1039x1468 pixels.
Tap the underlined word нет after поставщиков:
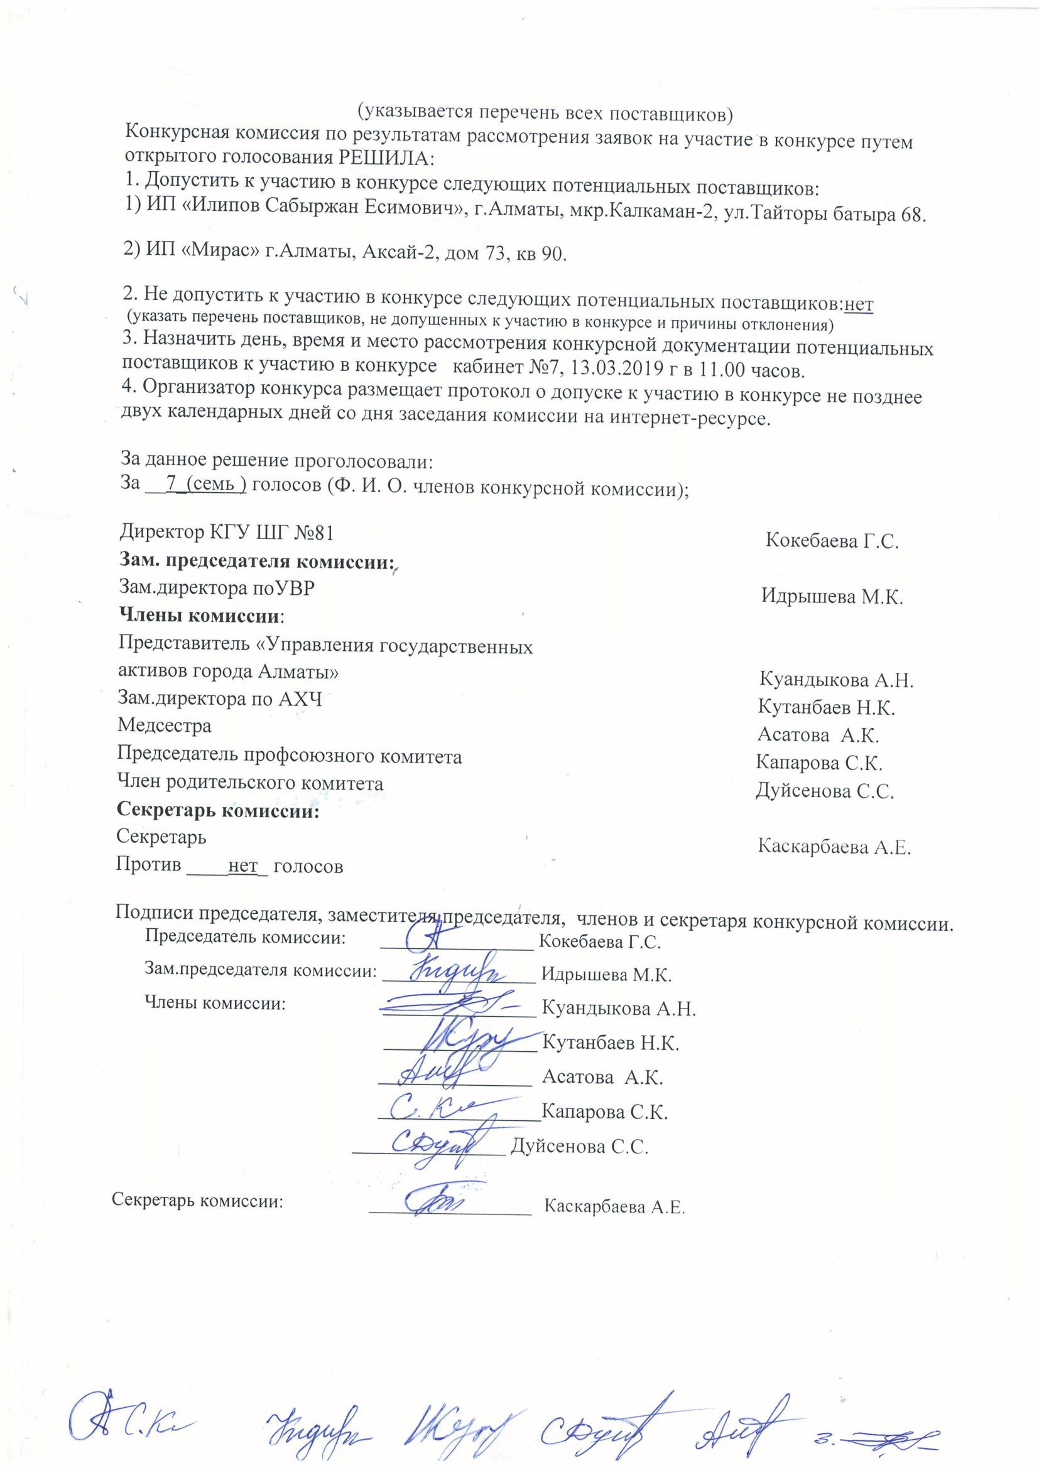pos(859,305)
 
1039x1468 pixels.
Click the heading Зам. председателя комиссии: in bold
pos(256,560)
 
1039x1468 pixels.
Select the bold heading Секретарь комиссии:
pos(217,811)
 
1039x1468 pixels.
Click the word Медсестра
pos(165,726)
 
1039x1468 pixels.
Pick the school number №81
pos(313,532)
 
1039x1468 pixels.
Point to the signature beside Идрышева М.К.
pos(454,970)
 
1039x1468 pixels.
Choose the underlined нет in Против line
pos(242,866)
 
